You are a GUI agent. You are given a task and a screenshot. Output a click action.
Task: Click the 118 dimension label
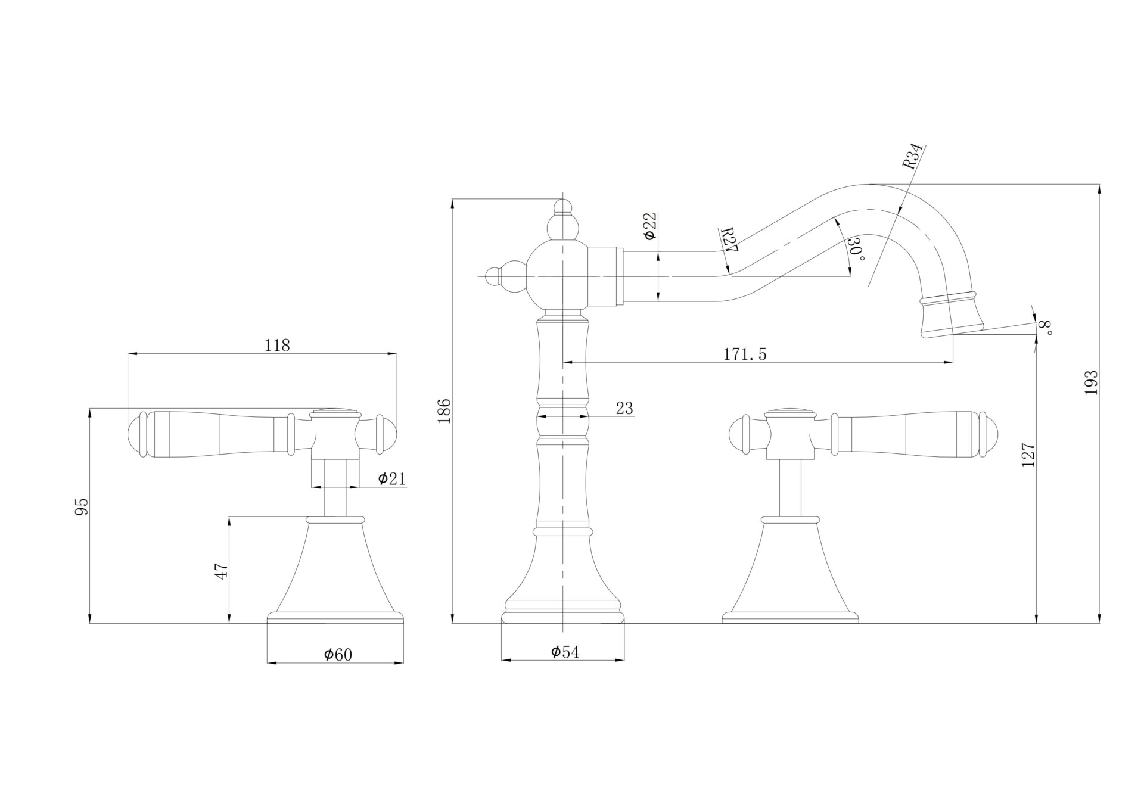pyautogui.click(x=277, y=345)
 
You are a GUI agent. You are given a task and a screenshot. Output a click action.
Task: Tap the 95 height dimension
pyautogui.click(x=82, y=506)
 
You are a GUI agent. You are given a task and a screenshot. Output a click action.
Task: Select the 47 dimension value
pyautogui.click(x=221, y=571)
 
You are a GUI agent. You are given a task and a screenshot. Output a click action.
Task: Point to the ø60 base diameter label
pyautogui.click(x=338, y=655)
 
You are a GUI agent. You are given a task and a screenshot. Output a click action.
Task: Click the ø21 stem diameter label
pyautogui.click(x=391, y=478)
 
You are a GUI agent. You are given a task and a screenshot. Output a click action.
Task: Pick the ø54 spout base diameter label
pyautogui.click(x=564, y=652)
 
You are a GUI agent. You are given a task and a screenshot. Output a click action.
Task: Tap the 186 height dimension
pyautogui.click(x=444, y=410)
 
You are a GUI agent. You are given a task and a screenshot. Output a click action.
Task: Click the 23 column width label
pyautogui.click(x=624, y=408)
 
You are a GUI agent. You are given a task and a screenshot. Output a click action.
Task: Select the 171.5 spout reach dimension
pyautogui.click(x=745, y=354)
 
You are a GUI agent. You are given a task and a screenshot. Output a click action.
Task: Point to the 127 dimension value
pyautogui.click(x=1028, y=455)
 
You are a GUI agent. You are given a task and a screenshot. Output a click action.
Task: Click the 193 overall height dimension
pyautogui.click(x=1091, y=383)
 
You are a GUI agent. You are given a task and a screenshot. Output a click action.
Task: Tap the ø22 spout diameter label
pyautogui.click(x=650, y=226)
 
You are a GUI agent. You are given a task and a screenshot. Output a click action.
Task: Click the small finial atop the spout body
pyautogui.click(x=562, y=207)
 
